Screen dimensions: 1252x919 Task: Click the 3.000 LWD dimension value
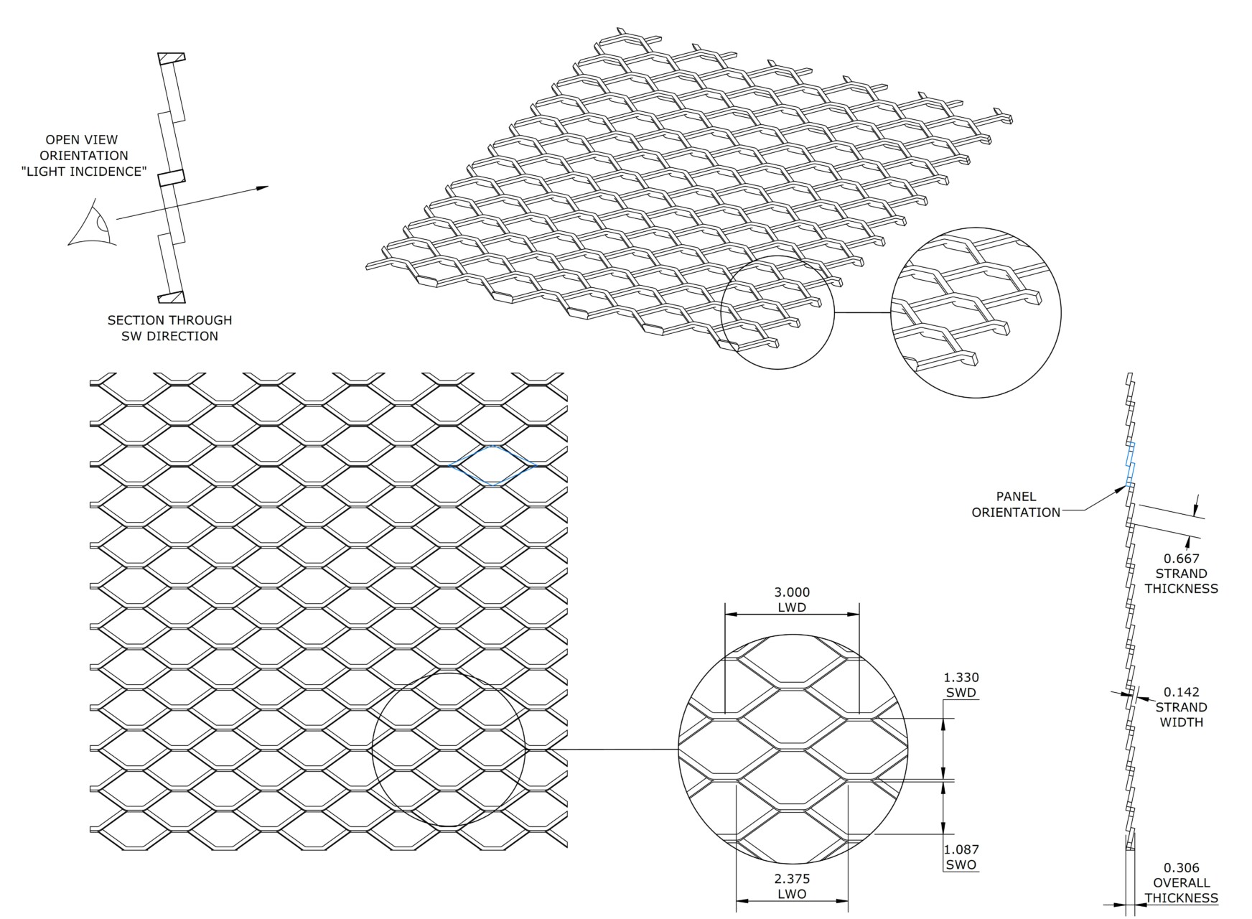click(792, 592)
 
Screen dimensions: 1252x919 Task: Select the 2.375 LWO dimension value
click(792, 879)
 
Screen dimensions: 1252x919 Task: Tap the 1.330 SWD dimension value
click(961, 677)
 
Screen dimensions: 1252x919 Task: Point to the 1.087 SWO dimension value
click(961, 849)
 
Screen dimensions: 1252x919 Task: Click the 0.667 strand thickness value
click(1182, 558)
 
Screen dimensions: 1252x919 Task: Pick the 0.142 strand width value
click(1182, 692)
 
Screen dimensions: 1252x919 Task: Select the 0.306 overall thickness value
click(1182, 867)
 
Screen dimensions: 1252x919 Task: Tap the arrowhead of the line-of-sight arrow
click(262, 188)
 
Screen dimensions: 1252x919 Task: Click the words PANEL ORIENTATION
click(1016, 504)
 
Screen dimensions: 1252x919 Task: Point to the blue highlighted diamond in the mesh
click(493, 465)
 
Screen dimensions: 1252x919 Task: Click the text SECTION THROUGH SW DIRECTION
click(170, 328)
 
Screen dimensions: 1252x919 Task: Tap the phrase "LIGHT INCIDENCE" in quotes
click(84, 172)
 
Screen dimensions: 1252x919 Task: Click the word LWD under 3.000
click(792, 608)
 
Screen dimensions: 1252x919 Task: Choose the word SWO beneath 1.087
click(961, 865)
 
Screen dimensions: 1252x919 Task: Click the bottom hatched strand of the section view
click(172, 297)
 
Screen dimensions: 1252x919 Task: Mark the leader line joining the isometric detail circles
click(863, 313)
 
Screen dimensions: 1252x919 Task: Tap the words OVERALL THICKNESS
click(1182, 890)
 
